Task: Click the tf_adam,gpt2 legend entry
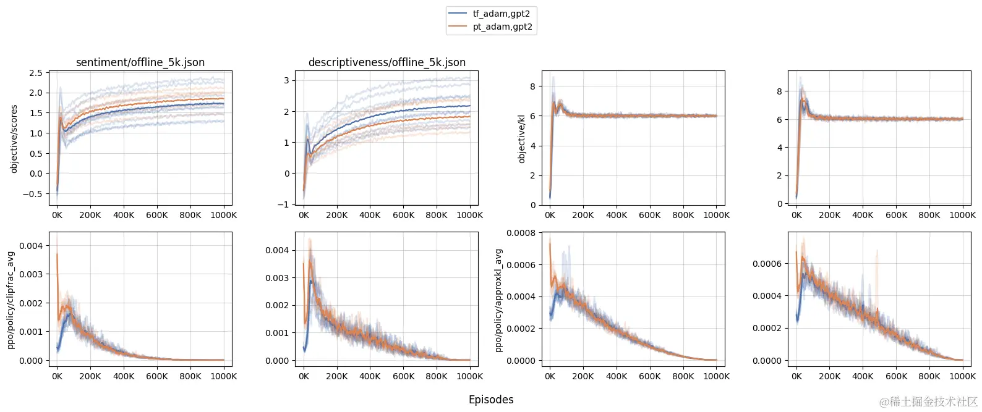tap(501, 14)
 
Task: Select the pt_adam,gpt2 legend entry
tap(502, 27)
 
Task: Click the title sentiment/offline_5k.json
tap(140, 62)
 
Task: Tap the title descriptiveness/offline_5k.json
tap(386, 62)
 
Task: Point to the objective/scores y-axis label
tap(14, 138)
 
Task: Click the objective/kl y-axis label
tap(521, 138)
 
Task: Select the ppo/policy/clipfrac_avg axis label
tap(11, 300)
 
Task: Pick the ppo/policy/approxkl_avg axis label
tap(498, 300)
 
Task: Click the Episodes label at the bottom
tap(491, 400)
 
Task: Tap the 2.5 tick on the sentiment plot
tap(36, 73)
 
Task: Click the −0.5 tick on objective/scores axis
tap(32, 194)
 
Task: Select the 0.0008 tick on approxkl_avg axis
tap(521, 233)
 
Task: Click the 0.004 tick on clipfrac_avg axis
tap(31, 246)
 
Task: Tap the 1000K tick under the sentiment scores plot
tap(224, 215)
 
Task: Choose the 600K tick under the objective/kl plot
tap(650, 215)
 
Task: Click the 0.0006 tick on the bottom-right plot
tap(767, 264)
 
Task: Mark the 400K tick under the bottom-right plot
tap(863, 376)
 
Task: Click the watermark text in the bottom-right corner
tap(928, 402)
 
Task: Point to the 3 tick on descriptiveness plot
tap(286, 80)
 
